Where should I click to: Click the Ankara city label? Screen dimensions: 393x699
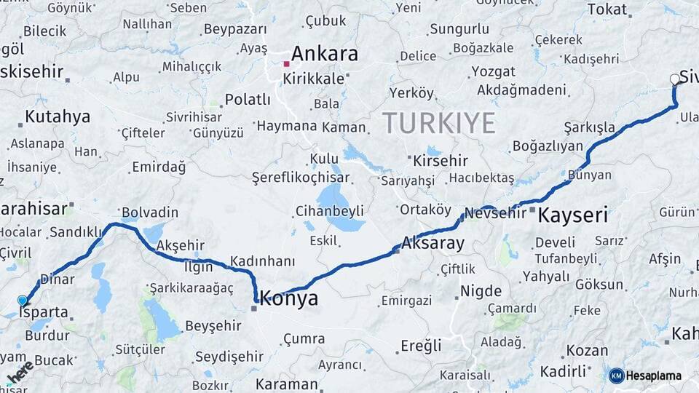pos(325,54)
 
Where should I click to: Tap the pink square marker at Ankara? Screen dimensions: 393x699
pos(287,64)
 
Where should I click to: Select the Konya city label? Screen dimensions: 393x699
pos(289,298)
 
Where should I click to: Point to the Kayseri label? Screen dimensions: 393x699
pos(573,215)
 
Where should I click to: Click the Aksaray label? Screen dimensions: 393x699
pos(433,243)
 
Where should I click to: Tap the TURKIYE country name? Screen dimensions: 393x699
pos(439,122)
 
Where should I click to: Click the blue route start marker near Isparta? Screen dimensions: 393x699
pos(23,301)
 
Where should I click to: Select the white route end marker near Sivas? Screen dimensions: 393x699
pos(674,81)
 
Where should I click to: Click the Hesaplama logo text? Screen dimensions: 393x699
pos(653,376)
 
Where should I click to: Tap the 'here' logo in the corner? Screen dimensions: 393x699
pos(20,372)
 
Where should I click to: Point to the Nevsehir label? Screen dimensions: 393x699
pos(494,213)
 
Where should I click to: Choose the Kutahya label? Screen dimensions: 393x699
pos(58,116)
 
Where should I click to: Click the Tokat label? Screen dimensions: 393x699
pos(607,9)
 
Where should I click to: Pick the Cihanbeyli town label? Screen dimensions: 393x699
pos(329,211)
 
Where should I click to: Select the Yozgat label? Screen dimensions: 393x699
pos(493,71)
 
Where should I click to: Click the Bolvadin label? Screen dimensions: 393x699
pos(150,213)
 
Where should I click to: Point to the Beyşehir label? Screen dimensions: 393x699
pos(213,325)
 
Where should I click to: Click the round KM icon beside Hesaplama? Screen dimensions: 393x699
pos(616,376)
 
